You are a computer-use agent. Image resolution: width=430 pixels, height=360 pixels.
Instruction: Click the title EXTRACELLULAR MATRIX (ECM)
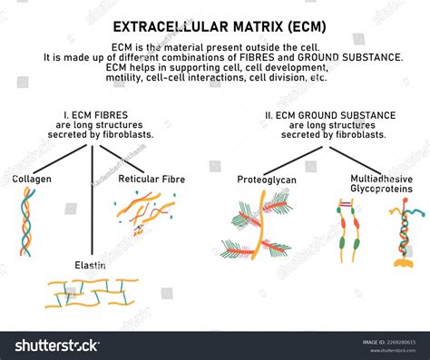pyautogui.click(x=215, y=26)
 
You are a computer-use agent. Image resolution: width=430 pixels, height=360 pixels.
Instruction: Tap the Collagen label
pyautogui.click(x=32, y=179)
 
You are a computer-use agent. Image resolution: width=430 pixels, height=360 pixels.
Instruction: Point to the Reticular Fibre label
pyautogui.click(x=151, y=179)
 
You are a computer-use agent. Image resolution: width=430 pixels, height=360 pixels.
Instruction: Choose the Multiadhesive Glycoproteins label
pyautogui.click(x=380, y=184)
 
